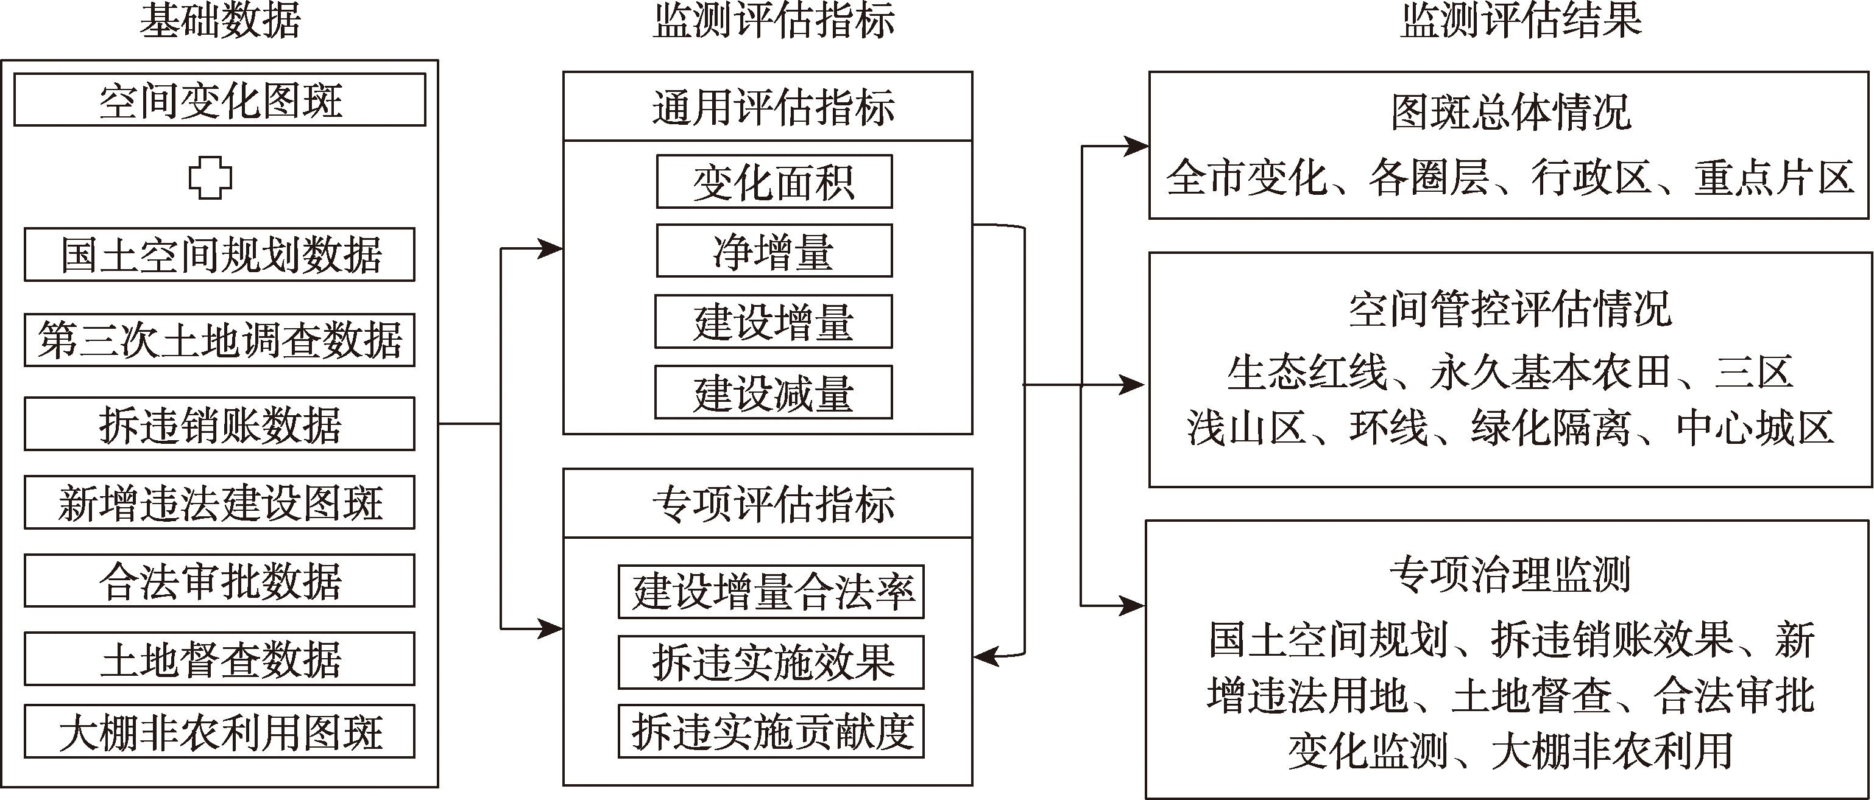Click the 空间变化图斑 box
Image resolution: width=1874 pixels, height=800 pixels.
point(220,100)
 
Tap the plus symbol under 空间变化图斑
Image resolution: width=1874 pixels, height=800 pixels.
point(210,178)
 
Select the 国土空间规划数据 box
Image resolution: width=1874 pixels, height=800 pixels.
point(220,254)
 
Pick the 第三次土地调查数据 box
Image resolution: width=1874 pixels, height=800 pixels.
point(220,340)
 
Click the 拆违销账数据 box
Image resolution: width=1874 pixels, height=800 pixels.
point(220,423)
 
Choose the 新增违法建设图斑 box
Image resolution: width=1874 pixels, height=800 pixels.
point(220,502)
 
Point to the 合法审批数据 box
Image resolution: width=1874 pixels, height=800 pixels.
point(220,580)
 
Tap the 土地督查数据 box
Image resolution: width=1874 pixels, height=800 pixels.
point(220,659)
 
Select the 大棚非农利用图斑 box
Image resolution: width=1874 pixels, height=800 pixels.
point(220,732)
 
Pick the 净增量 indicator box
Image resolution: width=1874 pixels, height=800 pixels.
point(774,251)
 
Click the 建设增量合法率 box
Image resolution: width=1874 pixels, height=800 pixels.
point(771,592)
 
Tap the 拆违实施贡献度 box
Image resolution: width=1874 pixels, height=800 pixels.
point(771,732)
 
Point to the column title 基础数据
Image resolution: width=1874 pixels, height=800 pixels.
point(220,20)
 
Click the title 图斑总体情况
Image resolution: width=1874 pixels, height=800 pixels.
point(1510,113)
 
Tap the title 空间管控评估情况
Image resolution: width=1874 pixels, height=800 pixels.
point(1510,310)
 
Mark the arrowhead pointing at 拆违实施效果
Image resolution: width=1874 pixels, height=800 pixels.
point(985,657)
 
